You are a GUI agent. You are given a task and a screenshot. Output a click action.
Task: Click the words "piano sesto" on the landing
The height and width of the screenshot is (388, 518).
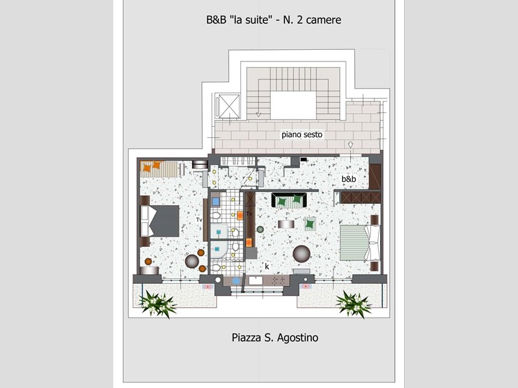click(x=302, y=135)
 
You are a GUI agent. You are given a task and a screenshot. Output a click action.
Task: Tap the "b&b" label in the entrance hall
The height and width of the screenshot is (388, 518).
click(x=349, y=179)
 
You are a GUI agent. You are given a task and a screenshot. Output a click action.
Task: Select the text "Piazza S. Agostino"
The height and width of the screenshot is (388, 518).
click(x=275, y=338)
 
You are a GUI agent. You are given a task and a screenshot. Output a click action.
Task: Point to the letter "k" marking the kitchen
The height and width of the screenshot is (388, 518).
click(x=267, y=266)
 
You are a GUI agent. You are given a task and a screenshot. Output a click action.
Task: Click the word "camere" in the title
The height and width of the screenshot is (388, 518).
click(x=323, y=20)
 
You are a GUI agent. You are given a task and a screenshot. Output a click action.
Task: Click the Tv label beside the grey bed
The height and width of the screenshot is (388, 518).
click(x=199, y=220)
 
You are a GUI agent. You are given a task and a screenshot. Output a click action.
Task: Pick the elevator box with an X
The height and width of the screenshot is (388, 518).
click(x=229, y=106)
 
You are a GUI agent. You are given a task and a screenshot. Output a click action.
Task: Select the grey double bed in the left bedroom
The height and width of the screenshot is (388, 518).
click(x=160, y=221)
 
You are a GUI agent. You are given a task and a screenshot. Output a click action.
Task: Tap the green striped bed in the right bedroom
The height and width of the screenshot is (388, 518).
click(x=360, y=243)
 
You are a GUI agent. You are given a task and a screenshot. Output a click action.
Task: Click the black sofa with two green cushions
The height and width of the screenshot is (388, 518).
click(x=289, y=200)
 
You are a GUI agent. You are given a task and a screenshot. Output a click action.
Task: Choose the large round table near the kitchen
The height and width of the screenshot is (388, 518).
click(x=301, y=253)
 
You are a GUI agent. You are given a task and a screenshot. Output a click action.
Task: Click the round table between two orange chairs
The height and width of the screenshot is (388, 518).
click(x=192, y=261)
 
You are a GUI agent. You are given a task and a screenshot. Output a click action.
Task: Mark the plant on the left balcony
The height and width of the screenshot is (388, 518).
click(x=157, y=304)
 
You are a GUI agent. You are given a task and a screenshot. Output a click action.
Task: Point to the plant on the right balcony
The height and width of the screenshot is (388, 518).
click(x=354, y=304)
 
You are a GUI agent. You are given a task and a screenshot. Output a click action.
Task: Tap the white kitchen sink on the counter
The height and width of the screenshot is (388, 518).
click(x=255, y=281)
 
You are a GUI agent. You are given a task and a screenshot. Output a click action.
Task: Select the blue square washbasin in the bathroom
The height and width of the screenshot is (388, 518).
click(x=216, y=201)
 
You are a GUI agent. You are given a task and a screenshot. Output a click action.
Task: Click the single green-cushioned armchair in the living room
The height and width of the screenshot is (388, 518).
click(x=310, y=224)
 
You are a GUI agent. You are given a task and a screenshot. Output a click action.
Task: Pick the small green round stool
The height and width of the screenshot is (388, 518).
click(x=260, y=229)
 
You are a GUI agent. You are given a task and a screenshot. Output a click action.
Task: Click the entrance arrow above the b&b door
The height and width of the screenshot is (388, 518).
click(x=350, y=145)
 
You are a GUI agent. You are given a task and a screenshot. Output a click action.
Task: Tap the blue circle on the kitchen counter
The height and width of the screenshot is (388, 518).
click(x=236, y=281)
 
